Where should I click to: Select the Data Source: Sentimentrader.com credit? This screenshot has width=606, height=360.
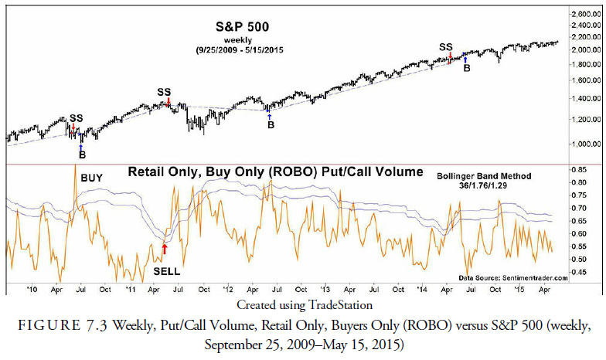click(512, 277)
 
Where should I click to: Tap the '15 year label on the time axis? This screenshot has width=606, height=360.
click(519, 289)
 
